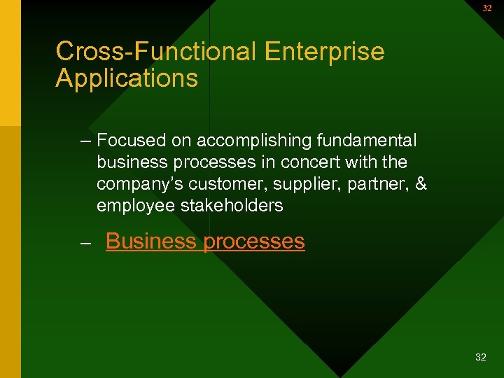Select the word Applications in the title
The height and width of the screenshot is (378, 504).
pos(127,78)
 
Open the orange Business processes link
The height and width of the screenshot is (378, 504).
pos(205,241)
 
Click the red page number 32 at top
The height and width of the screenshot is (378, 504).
pos(486,8)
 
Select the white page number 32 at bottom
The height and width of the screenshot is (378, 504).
pos(480,357)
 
